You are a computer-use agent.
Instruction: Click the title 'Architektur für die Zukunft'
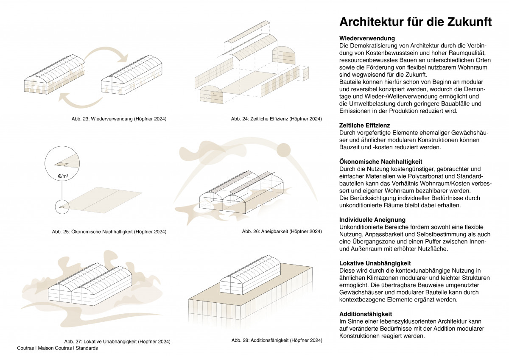(x=415, y=22)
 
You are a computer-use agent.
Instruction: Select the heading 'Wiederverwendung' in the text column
(x=367, y=39)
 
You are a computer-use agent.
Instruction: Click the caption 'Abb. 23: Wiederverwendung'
(x=119, y=119)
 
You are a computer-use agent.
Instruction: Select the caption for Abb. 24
(x=276, y=119)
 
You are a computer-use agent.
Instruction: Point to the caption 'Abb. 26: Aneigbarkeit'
(x=282, y=232)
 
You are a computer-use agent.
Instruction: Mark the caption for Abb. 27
(x=117, y=341)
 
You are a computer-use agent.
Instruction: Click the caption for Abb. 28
(x=277, y=340)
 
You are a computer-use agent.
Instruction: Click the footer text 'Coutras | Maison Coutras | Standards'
(x=57, y=348)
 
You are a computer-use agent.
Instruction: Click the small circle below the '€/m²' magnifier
(x=62, y=207)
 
